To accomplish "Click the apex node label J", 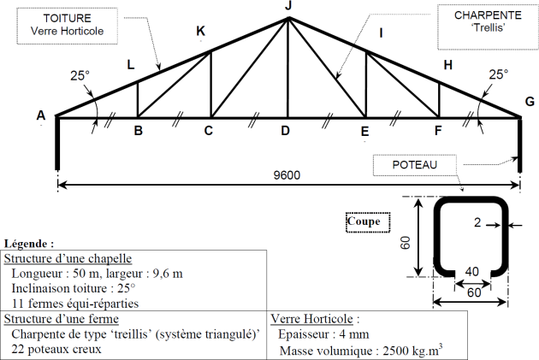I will (x=288, y=7).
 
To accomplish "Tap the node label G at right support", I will (x=530, y=101).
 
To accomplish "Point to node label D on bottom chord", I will (x=286, y=132).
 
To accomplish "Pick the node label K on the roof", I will (x=200, y=32).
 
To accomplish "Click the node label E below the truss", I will (x=364, y=132).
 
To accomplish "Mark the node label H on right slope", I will (x=447, y=65).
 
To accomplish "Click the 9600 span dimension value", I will (x=287, y=175).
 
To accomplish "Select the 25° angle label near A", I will (x=80, y=75).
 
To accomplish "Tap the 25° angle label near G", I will (x=497, y=74).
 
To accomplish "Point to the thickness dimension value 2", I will (x=477, y=223).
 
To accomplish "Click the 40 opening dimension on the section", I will (x=471, y=272).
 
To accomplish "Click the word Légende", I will (x=29, y=244).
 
